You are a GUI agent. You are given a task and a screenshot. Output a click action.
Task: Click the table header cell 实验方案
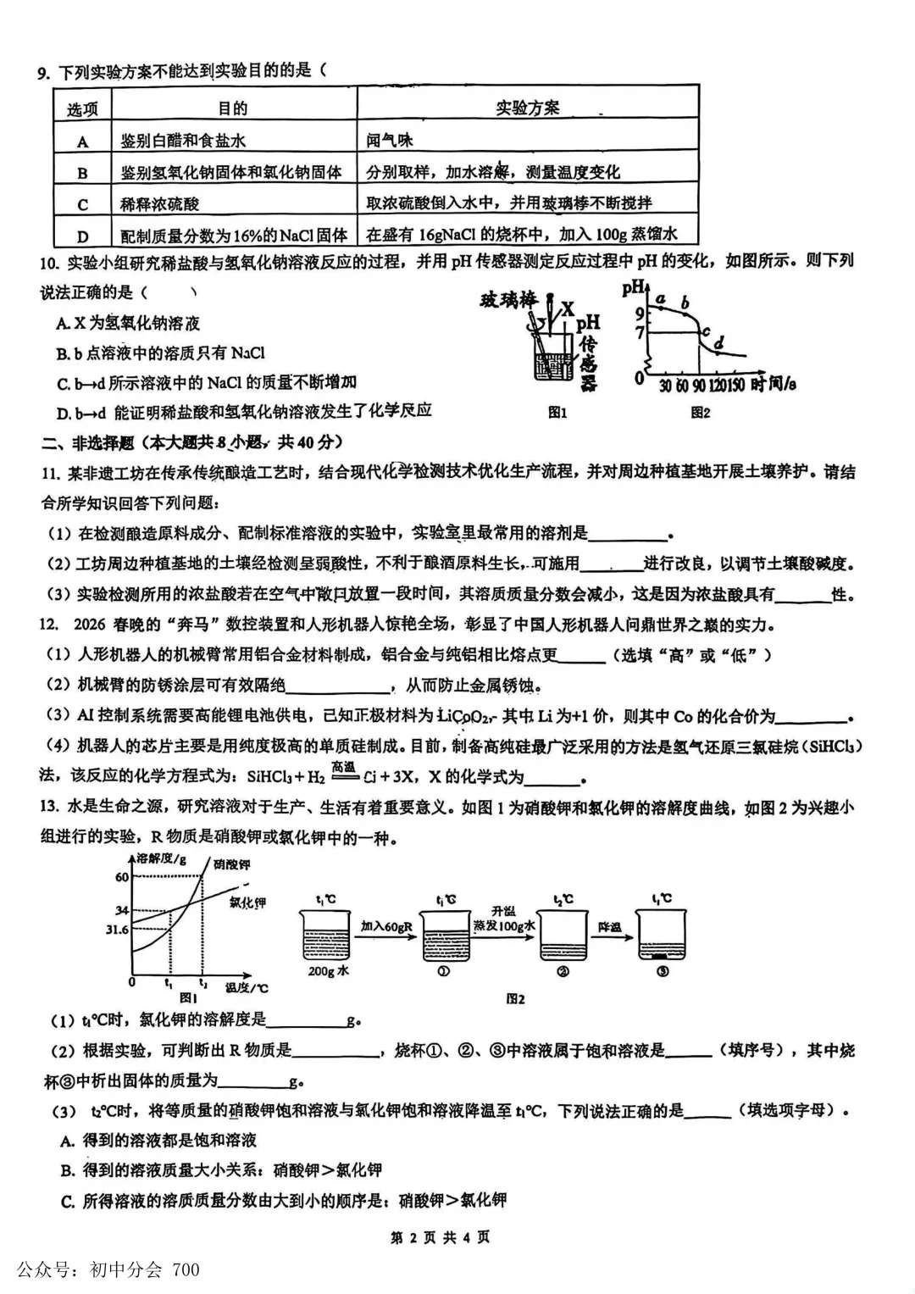click(x=527, y=108)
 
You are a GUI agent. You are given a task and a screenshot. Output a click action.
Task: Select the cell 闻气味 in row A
click(x=390, y=141)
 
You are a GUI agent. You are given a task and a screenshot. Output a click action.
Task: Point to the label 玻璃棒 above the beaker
click(x=508, y=300)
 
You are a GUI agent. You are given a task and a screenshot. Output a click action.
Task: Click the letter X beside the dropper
click(x=568, y=309)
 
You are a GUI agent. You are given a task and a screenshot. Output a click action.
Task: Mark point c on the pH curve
click(x=706, y=332)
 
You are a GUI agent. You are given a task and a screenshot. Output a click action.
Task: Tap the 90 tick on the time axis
click(x=699, y=386)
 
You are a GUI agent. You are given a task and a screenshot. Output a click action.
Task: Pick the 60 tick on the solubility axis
click(x=122, y=877)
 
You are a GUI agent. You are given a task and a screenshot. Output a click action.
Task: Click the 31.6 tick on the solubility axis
click(x=116, y=930)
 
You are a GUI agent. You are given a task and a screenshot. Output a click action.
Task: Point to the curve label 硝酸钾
click(x=231, y=864)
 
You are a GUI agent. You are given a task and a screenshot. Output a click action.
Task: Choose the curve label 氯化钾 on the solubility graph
click(x=247, y=902)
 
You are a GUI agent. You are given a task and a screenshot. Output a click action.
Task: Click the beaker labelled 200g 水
click(x=324, y=936)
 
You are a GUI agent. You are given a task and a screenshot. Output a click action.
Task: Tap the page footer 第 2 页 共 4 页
click(x=440, y=1237)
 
